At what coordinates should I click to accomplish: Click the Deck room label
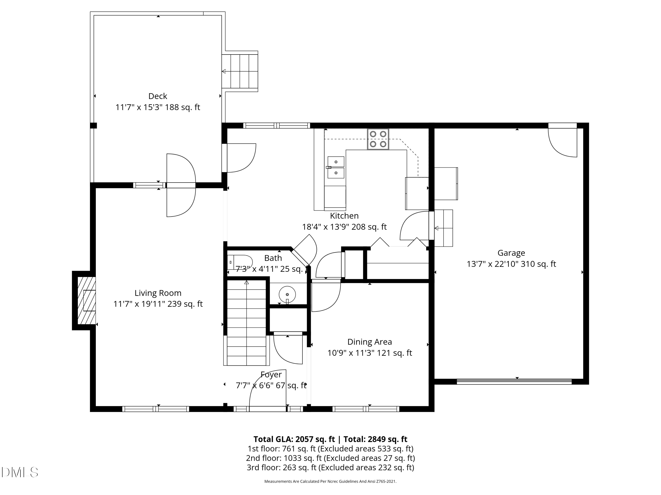tap(158, 96)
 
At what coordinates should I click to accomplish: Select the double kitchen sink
tap(336, 167)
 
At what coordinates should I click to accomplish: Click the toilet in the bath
tap(240, 262)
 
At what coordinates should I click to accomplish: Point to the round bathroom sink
tap(287, 295)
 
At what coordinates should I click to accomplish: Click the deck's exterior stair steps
tap(240, 71)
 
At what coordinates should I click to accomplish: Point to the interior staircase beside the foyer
tap(247, 322)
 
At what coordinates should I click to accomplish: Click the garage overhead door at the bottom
tap(514, 381)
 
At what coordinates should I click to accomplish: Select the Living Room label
tap(158, 293)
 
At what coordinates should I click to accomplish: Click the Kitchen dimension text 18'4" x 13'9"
tap(344, 227)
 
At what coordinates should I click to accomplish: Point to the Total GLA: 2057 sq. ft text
tap(294, 439)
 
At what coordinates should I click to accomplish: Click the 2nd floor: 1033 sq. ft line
tap(330, 458)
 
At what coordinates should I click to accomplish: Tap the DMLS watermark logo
tap(20, 472)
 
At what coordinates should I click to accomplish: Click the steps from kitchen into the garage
tap(444, 228)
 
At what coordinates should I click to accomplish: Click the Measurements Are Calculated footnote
tap(330, 481)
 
